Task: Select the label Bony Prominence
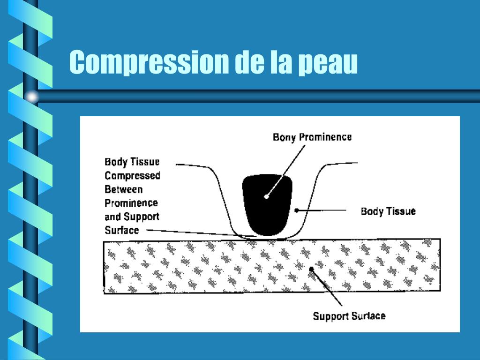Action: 312,137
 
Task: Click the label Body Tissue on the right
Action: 388,211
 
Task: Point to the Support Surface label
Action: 349,315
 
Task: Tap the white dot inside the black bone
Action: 266,196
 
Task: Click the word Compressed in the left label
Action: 133,176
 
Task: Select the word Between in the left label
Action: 124,189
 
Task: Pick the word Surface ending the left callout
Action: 122,230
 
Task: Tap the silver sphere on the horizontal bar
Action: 31,97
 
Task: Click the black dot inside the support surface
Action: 311,269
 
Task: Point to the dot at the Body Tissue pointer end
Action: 296,210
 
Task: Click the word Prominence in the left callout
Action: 131,203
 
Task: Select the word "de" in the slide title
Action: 248,62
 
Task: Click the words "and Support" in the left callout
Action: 132,217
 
